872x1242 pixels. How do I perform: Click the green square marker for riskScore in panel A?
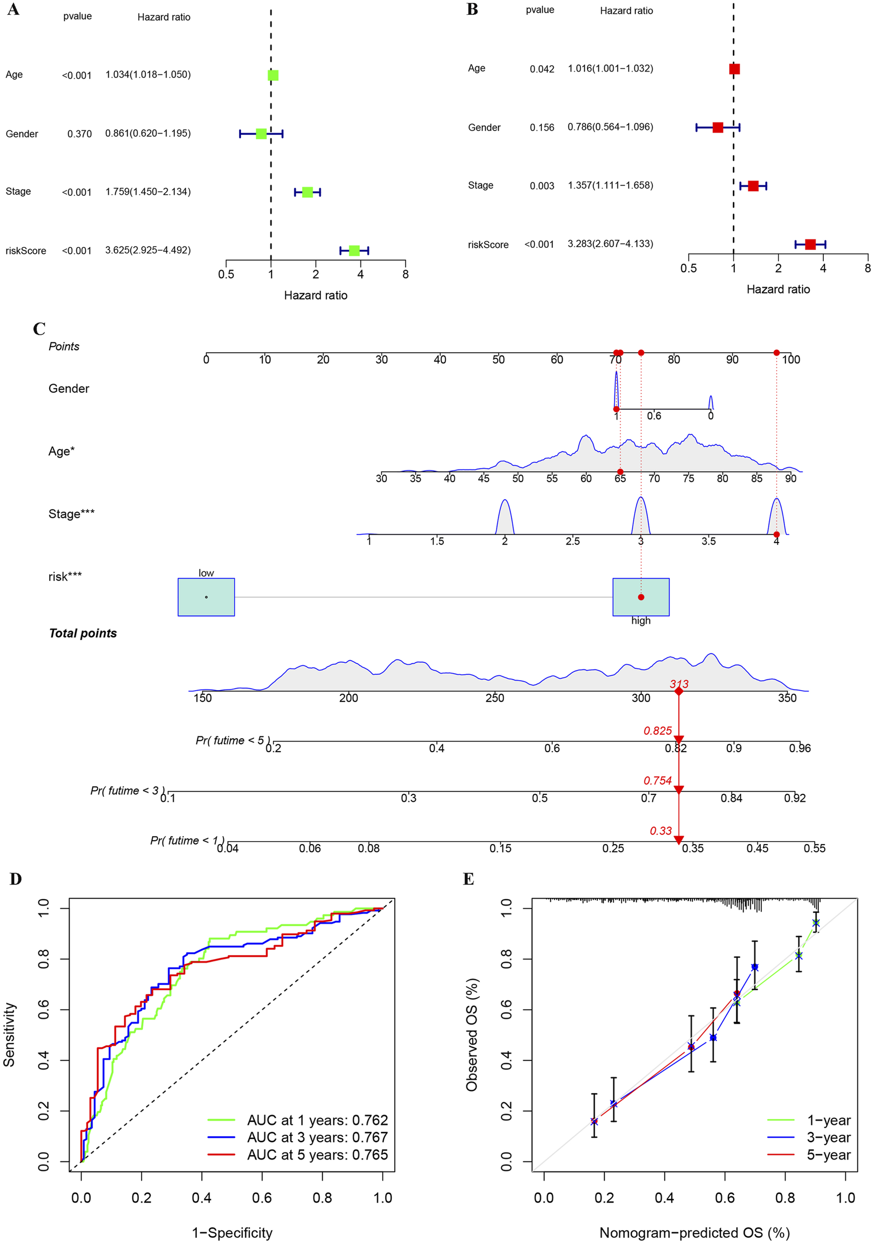click(x=354, y=250)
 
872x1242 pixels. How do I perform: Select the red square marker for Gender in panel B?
click(x=718, y=128)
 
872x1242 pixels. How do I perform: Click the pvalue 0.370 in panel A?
click(x=80, y=134)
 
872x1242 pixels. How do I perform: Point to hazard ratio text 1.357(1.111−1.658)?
click(x=610, y=185)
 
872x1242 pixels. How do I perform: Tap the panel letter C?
click(x=39, y=329)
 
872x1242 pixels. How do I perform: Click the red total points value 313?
click(x=679, y=684)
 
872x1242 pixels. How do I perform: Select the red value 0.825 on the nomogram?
click(x=657, y=731)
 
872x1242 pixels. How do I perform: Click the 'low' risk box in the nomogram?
click(x=206, y=597)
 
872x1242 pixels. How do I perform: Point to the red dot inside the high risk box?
click(x=641, y=597)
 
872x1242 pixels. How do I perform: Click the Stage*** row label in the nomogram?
click(x=72, y=514)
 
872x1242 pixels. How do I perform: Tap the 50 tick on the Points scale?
click(x=498, y=360)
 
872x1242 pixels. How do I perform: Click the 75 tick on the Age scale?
click(x=688, y=479)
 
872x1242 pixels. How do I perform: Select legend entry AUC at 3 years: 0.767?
click(x=317, y=1138)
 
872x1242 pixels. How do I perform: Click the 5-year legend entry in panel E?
click(x=828, y=1155)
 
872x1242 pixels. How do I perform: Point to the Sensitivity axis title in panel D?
click(x=9, y=1034)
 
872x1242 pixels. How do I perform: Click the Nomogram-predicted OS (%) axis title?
click(x=694, y=1232)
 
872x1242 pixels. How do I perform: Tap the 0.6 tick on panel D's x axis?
click(x=262, y=1198)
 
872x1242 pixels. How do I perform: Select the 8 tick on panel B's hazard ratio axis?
click(x=867, y=268)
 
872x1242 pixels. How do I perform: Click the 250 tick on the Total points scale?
click(x=494, y=699)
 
